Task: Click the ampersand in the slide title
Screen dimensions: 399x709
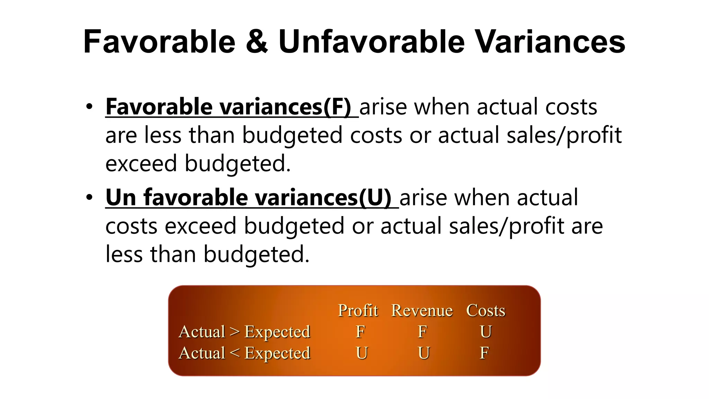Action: (x=257, y=42)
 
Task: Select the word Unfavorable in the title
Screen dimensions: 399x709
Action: (x=371, y=42)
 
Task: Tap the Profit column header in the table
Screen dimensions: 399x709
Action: (x=358, y=310)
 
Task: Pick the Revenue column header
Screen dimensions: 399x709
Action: (x=422, y=310)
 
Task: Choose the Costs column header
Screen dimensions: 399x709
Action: (x=486, y=310)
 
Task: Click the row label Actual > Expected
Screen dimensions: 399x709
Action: (x=244, y=332)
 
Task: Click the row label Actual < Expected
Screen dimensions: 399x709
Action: (x=244, y=353)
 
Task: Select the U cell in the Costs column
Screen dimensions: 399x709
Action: (x=486, y=332)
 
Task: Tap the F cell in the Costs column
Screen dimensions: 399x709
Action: (x=484, y=353)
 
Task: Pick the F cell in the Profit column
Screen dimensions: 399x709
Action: (x=360, y=332)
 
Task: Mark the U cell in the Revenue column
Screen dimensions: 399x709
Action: (x=424, y=353)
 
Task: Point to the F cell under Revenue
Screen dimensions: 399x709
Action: (x=422, y=332)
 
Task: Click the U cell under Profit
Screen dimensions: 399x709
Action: (x=362, y=353)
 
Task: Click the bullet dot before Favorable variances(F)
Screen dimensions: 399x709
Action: (x=89, y=107)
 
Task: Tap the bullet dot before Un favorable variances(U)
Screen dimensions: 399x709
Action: (x=89, y=197)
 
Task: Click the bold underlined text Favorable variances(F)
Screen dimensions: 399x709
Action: (x=228, y=107)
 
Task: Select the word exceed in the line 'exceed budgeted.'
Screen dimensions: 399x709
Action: (x=141, y=163)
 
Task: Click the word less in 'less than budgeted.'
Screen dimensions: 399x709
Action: (x=124, y=254)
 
